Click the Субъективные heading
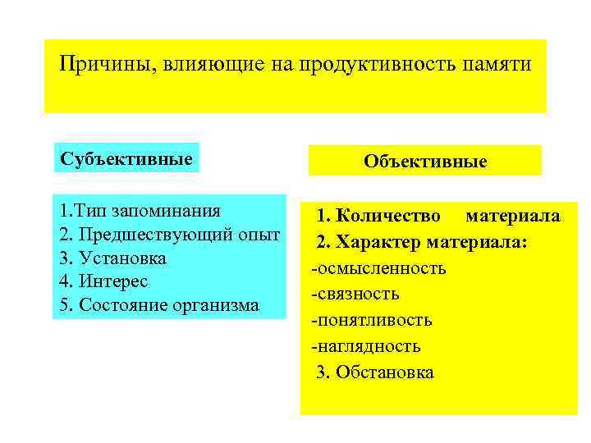coord(127,158)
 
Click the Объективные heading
coord(425,162)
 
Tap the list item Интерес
coord(106,281)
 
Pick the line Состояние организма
coord(159,305)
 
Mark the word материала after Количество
coord(513,216)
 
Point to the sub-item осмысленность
coord(378,268)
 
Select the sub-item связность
coord(355,294)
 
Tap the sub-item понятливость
coord(371,320)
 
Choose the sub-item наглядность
coord(365,346)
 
